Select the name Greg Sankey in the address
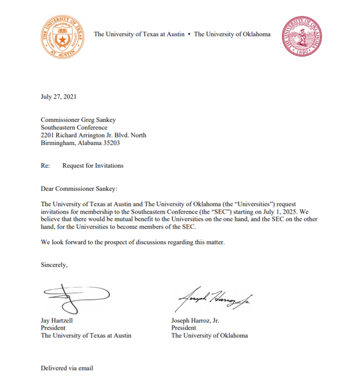coord(100,120)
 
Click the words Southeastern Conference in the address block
coord(74,128)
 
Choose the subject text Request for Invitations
coord(93,166)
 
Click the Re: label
coord(45,166)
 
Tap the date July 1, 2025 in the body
coord(279,211)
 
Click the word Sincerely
coord(54,265)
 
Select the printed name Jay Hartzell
coord(58,320)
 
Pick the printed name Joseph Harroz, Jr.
coord(195,320)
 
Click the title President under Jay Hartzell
coord(53,328)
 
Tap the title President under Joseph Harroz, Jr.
coord(184,328)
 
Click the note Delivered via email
coord(67,368)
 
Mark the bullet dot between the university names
coord(190,35)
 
